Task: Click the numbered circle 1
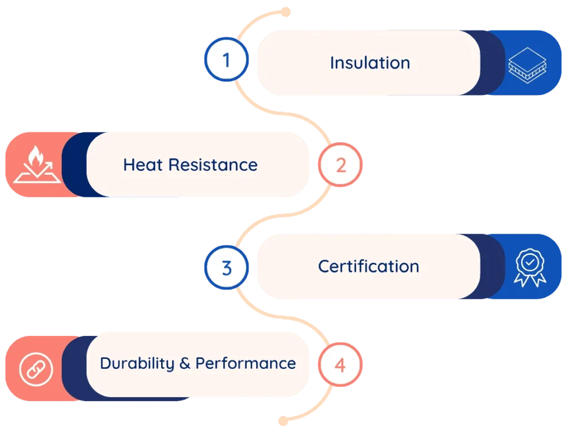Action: point(226,60)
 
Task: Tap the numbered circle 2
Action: point(340,165)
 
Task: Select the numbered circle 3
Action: point(226,268)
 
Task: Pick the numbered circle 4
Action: point(340,365)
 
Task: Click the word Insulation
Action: point(370,63)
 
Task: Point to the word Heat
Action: point(143,165)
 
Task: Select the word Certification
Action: point(368,266)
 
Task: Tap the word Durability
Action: point(137,363)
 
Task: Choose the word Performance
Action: point(246,363)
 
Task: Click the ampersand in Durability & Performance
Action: point(185,364)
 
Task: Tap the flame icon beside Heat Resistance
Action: point(37,165)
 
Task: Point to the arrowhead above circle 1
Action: point(287,10)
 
